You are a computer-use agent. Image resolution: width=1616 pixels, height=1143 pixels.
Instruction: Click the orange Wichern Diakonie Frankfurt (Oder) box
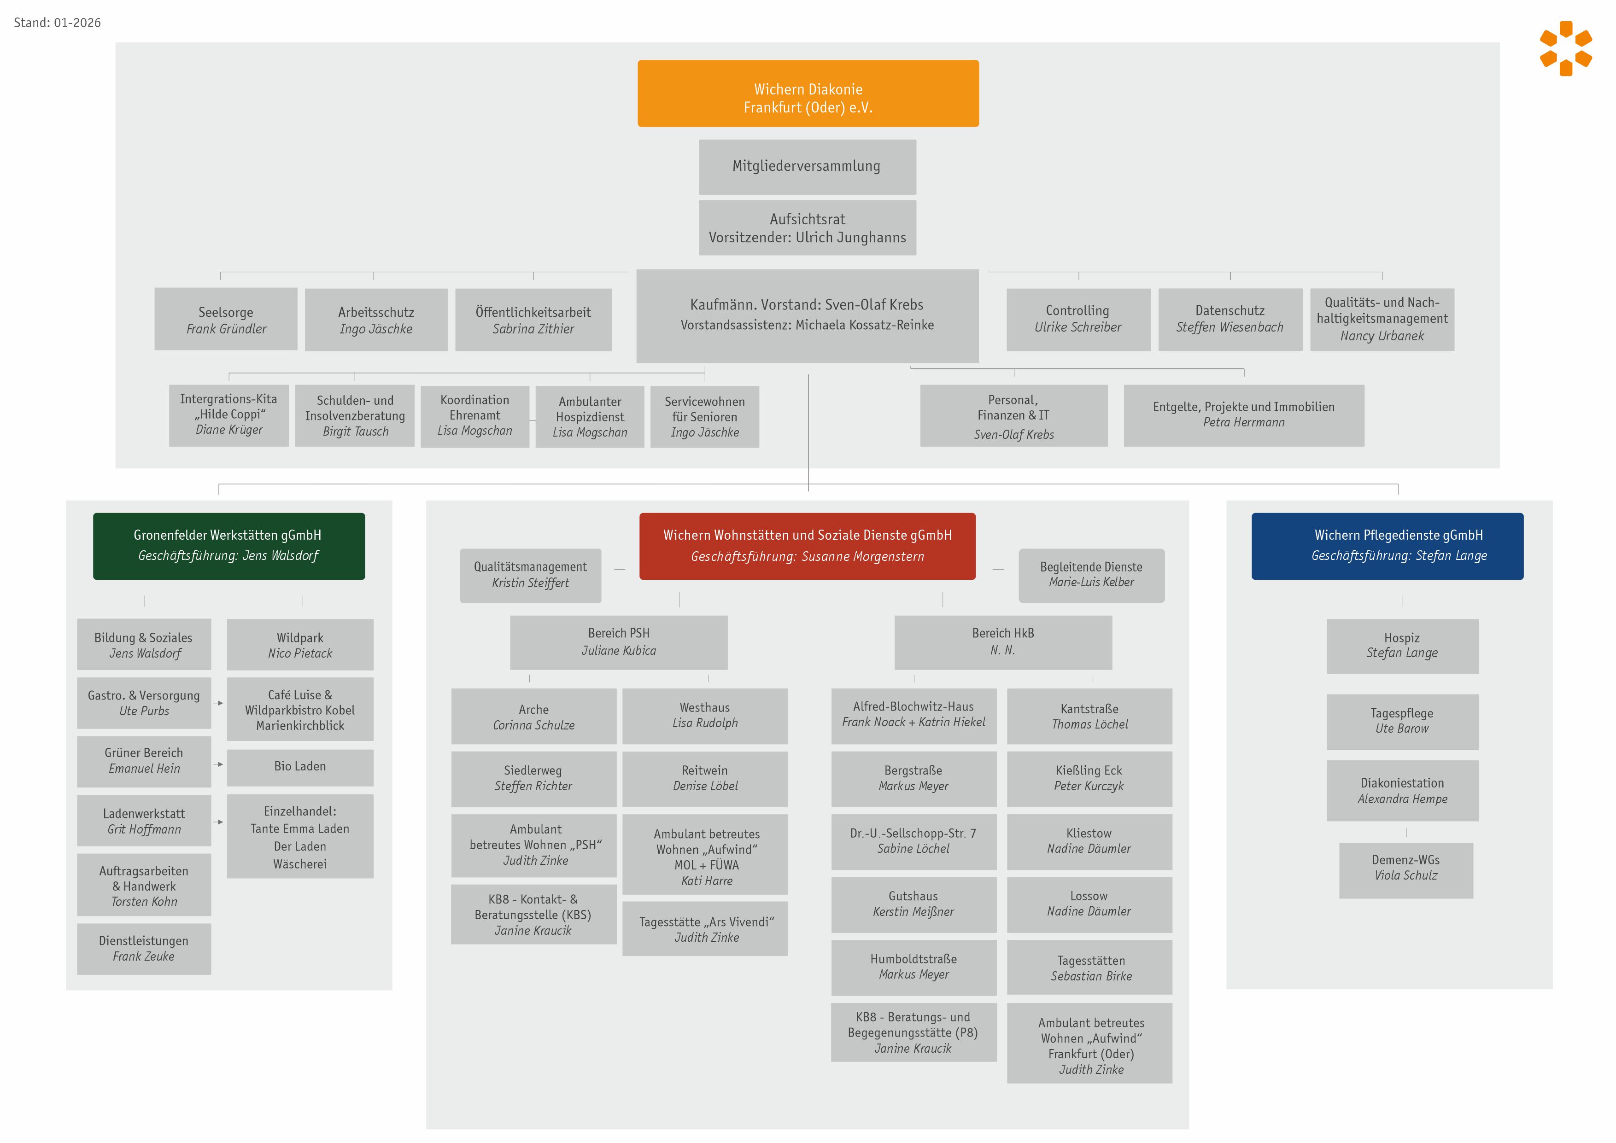pos(808,93)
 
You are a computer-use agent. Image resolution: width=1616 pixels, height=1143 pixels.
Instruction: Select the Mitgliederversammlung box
pos(807,167)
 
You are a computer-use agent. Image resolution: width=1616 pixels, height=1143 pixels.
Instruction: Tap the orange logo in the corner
pos(1565,48)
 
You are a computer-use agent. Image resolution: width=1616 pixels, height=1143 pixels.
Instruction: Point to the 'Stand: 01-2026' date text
pos(58,23)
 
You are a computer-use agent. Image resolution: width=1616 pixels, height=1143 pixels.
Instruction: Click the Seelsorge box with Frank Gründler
pos(226,320)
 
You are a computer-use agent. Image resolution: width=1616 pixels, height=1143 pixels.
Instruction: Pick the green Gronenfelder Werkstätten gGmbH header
pos(229,546)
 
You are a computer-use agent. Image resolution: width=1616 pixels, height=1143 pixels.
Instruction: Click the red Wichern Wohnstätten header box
pos(807,546)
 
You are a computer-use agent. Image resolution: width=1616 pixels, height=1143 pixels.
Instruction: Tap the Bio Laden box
pos(300,766)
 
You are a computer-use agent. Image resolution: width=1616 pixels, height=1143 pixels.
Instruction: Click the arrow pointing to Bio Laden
pos(220,764)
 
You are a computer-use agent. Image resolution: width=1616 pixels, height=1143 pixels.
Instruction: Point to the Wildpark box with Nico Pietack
pos(300,645)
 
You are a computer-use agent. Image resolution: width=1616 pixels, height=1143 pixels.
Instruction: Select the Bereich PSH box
pos(619,642)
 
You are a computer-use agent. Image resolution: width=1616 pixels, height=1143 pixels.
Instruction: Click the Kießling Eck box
pos(1089,778)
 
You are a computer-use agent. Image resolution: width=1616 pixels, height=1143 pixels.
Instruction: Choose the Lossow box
pos(1089,904)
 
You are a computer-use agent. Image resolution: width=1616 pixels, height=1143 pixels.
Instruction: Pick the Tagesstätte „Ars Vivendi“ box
pos(706,929)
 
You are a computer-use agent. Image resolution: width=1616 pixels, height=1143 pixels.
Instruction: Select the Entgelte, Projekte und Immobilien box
pos(1244,414)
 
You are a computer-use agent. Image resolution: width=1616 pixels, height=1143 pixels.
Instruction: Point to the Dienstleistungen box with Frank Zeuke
pos(144,949)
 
